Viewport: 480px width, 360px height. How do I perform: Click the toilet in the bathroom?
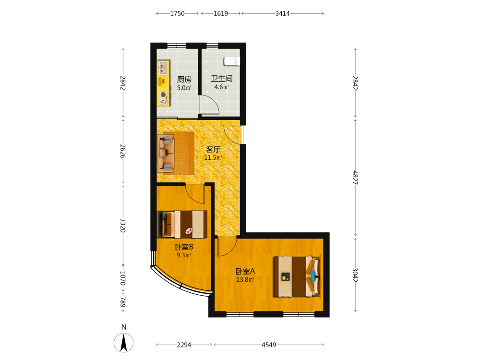232,61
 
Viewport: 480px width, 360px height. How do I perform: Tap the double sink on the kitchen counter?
163,67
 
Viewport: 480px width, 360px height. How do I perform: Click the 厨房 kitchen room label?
184,80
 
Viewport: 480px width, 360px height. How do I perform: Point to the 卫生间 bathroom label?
222,79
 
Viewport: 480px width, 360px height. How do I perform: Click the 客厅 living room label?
213,149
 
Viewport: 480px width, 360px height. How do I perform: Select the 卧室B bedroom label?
184,247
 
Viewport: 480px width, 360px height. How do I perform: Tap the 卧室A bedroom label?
245,271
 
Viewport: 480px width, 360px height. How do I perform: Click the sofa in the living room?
166,154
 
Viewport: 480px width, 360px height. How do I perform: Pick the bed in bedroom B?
182,224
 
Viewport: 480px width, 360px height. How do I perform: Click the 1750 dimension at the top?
178,13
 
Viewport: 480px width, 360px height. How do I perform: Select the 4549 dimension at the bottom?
269,345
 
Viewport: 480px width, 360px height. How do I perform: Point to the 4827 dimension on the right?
355,178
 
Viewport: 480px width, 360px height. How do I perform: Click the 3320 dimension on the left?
123,225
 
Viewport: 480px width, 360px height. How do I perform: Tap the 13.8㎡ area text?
245,279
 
